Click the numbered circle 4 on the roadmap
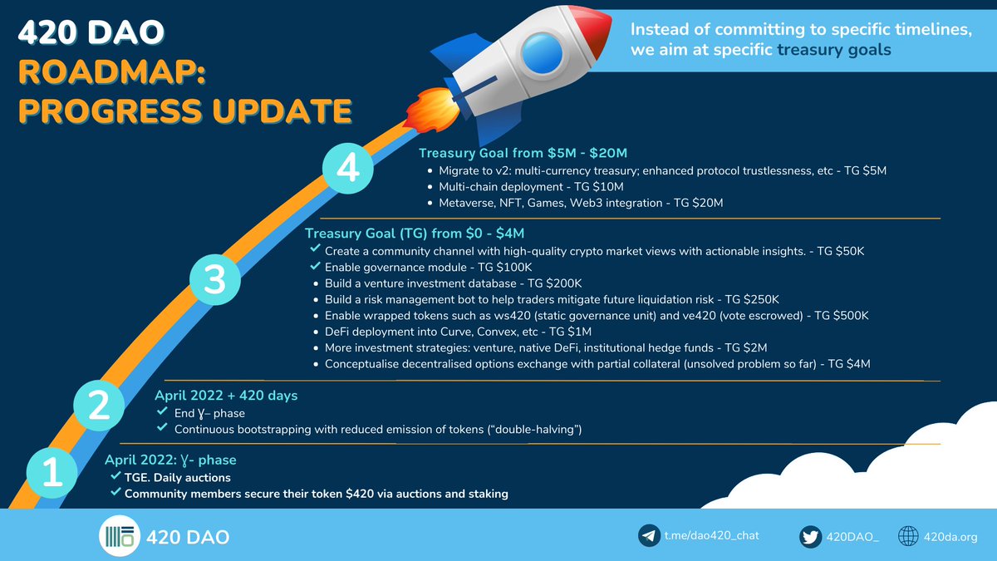348,169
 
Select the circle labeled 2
99,406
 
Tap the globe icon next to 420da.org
910,536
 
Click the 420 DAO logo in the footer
118,537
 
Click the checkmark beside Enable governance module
314,267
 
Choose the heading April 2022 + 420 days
226,396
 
